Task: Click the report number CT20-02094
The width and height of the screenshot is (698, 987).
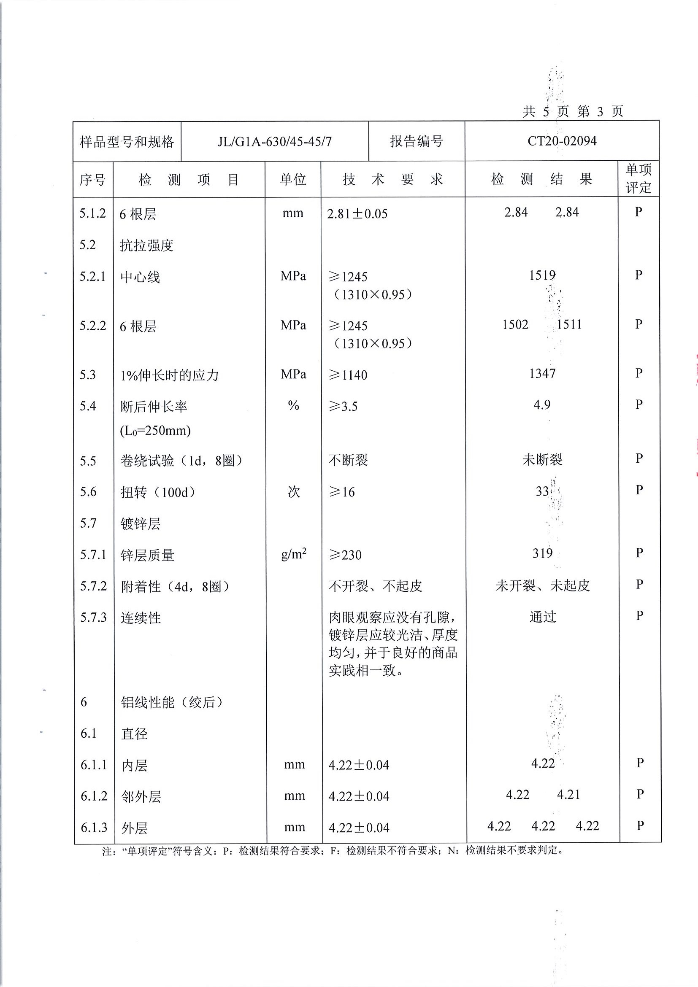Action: [562, 141]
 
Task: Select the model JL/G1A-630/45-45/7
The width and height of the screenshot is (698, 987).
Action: [274, 141]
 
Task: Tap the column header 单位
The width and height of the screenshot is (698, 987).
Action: [293, 179]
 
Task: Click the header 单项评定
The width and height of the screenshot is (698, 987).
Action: [638, 178]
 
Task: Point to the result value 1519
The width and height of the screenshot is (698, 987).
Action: [542, 275]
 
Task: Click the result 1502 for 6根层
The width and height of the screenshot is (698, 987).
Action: [515, 324]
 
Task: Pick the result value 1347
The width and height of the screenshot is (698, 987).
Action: [542, 373]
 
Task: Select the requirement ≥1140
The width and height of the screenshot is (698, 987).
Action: [348, 375]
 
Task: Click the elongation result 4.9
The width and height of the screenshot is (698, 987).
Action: [542, 405]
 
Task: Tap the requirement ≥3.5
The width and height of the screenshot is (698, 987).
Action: [343, 406]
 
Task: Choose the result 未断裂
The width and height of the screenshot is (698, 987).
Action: [542, 459]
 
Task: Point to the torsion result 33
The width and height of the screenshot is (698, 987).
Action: [542, 491]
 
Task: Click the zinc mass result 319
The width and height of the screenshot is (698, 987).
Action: [542, 553]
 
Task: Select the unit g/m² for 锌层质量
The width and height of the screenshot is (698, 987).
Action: [294, 554]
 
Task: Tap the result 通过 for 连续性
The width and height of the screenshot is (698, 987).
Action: [543, 617]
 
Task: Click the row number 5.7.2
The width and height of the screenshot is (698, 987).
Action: [93, 586]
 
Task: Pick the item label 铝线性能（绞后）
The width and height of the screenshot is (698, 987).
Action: [172, 702]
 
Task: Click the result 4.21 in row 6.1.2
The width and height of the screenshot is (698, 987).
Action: [568, 794]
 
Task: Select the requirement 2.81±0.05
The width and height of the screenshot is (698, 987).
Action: [357, 214]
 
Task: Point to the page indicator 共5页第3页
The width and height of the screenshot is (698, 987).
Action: [573, 112]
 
